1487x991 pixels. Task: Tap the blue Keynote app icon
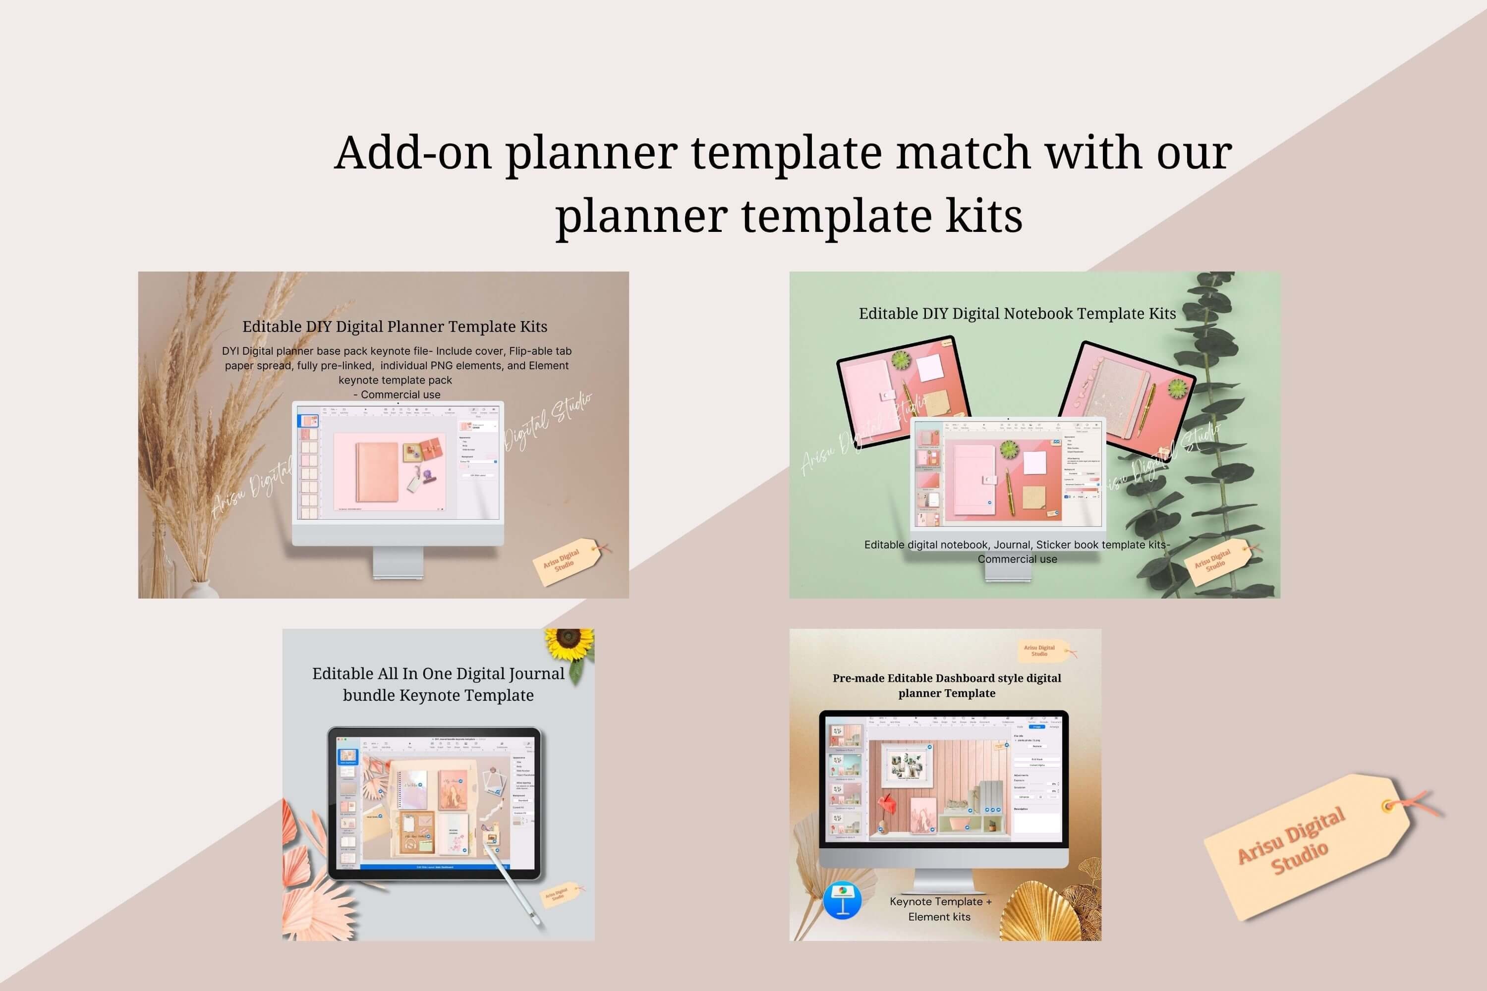(842, 900)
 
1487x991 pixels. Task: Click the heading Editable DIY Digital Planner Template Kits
(395, 327)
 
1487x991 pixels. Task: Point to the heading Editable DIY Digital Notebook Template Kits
(1017, 314)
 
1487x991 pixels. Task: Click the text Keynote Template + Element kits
(940, 909)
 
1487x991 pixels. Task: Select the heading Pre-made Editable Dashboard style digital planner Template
(946, 685)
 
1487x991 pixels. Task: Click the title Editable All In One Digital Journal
(438, 674)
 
